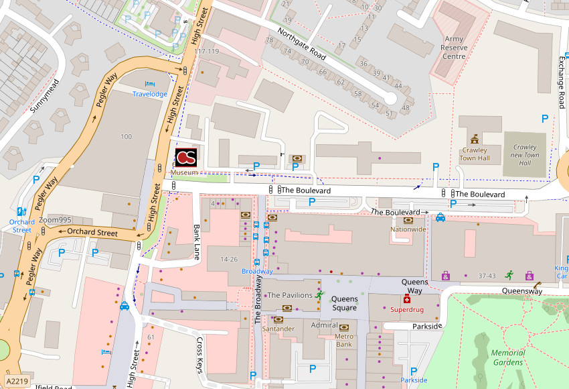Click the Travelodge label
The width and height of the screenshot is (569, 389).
150,94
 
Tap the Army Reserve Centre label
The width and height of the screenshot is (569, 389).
453,48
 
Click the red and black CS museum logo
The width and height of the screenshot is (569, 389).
186,157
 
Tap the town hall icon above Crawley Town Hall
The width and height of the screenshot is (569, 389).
475,139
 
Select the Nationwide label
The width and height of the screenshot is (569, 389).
408,229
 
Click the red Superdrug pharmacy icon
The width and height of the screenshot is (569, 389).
406,299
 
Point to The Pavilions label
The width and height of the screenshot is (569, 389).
289,295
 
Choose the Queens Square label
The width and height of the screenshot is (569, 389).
345,303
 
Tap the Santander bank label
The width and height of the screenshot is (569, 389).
278,329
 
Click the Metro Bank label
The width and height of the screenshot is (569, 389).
343,340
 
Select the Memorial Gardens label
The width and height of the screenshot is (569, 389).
507,357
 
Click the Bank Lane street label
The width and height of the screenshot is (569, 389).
197,242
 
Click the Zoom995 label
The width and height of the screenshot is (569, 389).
55,220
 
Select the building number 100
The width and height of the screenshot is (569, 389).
126,137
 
